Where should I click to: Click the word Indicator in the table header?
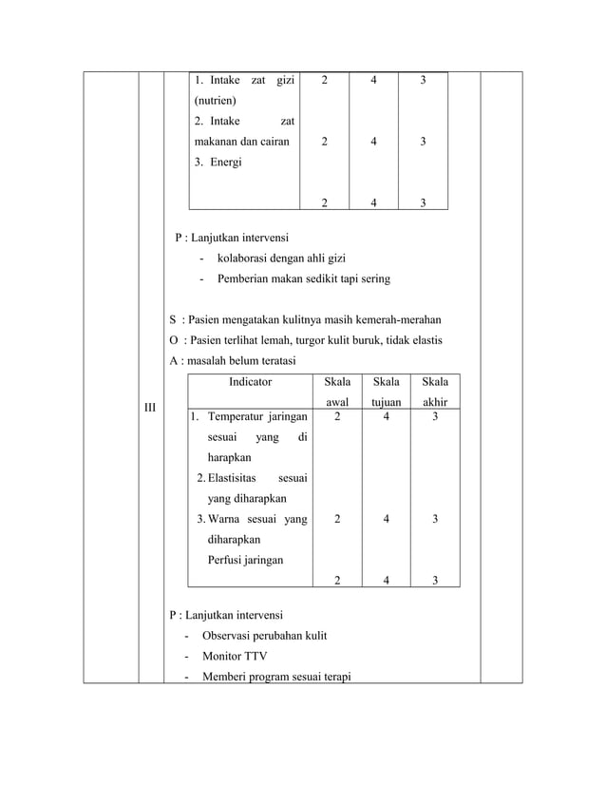click(x=250, y=382)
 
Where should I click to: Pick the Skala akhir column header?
click(x=434, y=392)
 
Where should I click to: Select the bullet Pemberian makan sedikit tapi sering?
click(x=303, y=279)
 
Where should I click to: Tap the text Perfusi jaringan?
click(x=245, y=560)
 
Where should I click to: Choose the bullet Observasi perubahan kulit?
click(x=264, y=635)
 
